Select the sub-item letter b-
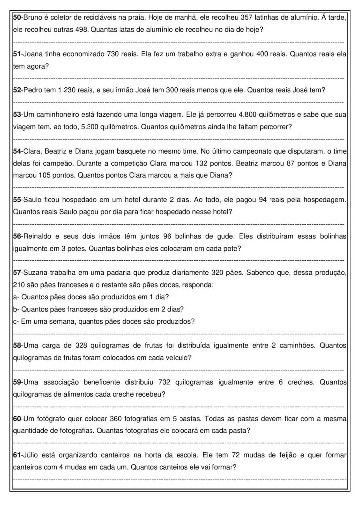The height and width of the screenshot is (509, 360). pos(15,309)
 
